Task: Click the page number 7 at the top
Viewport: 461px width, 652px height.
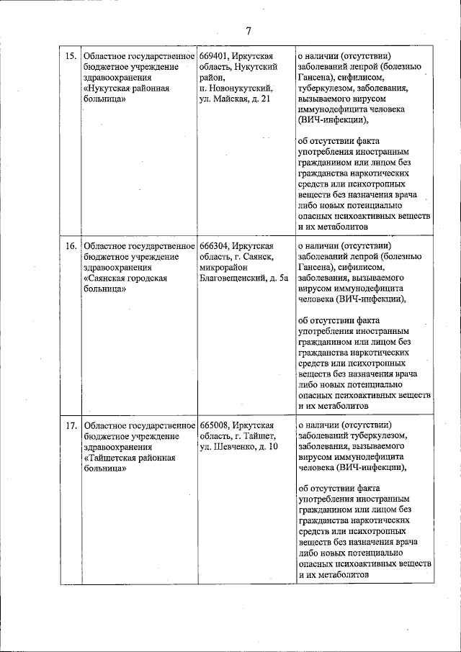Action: coord(248,31)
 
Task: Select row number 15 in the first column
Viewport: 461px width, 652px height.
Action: coord(71,56)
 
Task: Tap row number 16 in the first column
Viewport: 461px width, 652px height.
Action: coord(71,246)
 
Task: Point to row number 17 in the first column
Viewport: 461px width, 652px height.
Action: coord(71,425)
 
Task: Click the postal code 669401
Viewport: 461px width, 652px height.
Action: coord(215,56)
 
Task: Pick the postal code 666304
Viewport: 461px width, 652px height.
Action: coord(215,246)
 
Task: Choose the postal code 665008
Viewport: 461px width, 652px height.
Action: coord(215,425)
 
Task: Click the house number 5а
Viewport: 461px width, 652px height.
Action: coord(284,279)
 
